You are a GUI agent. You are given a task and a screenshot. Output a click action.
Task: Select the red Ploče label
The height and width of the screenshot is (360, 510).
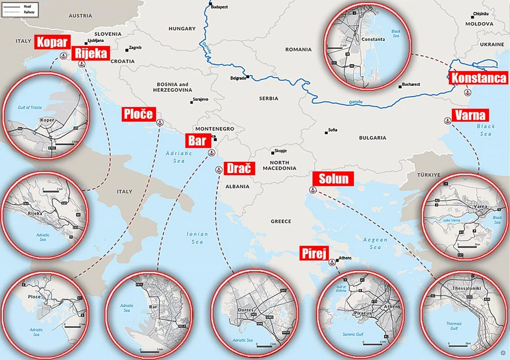tap(139, 114)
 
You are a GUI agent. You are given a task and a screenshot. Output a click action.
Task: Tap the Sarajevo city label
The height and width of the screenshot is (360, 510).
tap(200, 99)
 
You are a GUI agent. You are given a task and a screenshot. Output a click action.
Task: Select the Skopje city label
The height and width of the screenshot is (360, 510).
tap(280, 150)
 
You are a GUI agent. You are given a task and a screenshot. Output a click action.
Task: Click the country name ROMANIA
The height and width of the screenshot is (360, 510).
tap(298, 49)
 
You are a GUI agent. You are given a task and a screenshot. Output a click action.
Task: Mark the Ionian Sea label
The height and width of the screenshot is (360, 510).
tap(197, 237)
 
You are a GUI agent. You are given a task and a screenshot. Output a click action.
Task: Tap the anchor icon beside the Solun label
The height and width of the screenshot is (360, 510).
tap(312, 190)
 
